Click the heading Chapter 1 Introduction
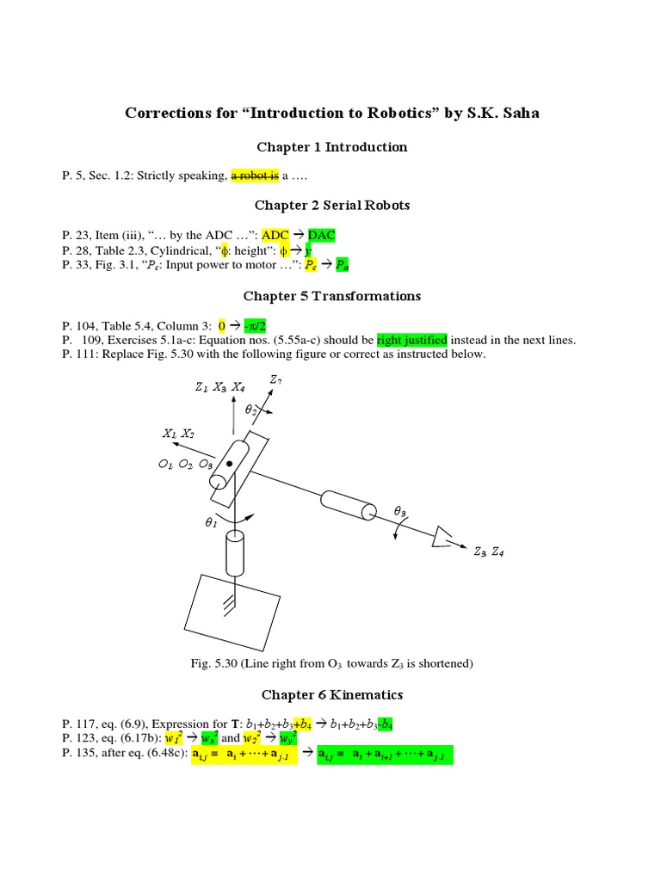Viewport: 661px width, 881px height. [331, 147]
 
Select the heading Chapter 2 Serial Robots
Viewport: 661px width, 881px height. [331, 205]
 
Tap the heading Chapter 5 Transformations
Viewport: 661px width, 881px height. [331, 296]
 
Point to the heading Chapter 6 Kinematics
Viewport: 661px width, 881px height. [331, 694]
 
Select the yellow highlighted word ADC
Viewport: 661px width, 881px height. [276, 234]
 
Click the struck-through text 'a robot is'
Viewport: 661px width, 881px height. [254, 176]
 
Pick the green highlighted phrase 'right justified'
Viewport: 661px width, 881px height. [411, 340]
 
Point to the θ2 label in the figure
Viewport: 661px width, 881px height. [250, 410]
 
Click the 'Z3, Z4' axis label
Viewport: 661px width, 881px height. [488, 551]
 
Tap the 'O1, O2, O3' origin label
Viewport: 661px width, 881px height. [185, 464]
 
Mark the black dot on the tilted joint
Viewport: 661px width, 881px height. [230, 465]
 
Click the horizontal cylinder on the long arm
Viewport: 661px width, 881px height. [349, 504]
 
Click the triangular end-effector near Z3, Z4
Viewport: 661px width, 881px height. [446, 537]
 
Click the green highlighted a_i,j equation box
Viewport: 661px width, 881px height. [385, 755]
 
